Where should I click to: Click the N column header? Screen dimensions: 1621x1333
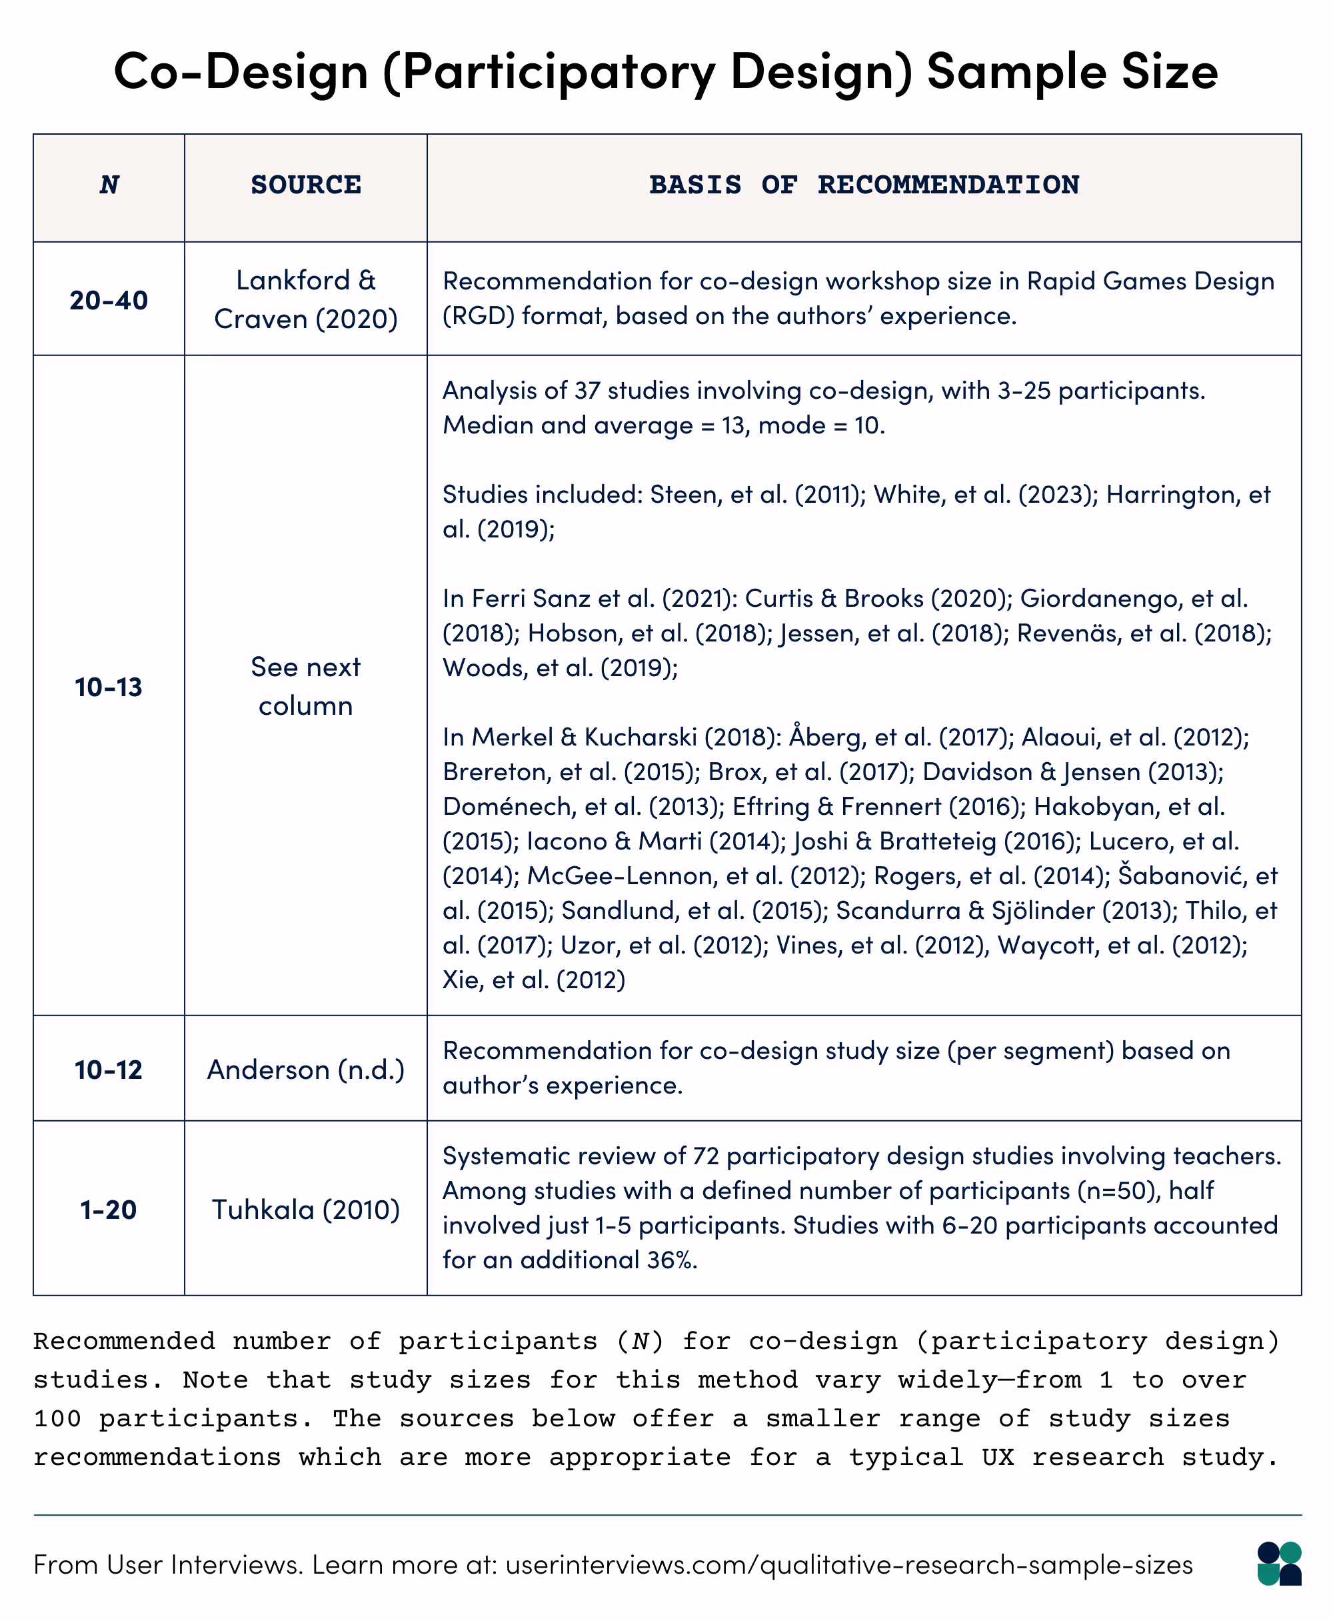pyautogui.click(x=109, y=185)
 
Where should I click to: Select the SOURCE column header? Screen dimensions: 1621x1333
pyautogui.click(x=306, y=185)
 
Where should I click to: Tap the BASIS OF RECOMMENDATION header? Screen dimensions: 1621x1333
pyautogui.click(x=864, y=185)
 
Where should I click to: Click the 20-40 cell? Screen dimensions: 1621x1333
pyautogui.click(x=109, y=300)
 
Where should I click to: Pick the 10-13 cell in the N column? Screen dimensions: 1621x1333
pyautogui.click(x=109, y=687)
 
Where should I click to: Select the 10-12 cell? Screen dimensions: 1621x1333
pyautogui.click(x=109, y=1070)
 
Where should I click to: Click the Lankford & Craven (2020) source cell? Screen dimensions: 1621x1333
pyautogui.click(x=306, y=299)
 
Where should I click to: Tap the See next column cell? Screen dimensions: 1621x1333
pyautogui.click(x=306, y=686)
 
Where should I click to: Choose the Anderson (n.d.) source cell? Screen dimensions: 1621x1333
pyautogui.click(x=306, y=1070)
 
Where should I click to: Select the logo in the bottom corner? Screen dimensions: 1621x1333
pyautogui.click(x=1279, y=1564)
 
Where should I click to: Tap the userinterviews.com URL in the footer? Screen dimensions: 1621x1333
pyautogui.click(x=848, y=1565)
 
